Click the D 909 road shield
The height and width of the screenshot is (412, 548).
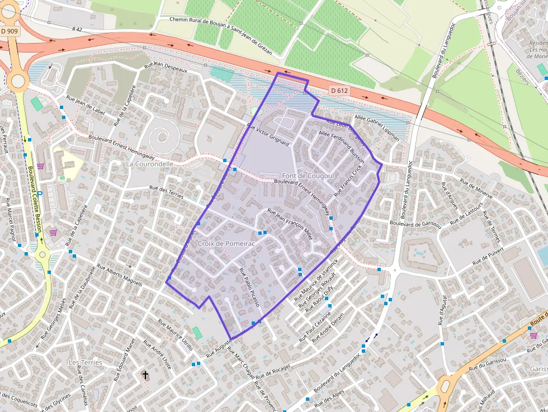click(10, 32)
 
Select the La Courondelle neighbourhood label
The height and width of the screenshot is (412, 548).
click(149, 164)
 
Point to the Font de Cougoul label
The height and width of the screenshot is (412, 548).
click(308, 176)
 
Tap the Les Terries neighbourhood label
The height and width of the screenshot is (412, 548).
click(85, 362)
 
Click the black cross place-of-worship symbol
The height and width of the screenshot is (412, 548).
click(146, 375)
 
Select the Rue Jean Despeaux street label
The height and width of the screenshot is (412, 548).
click(166, 67)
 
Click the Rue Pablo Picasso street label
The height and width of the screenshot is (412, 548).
click(249, 287)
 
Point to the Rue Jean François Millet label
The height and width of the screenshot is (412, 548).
click(290, 224)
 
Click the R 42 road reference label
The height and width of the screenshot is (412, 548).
click(77, 28)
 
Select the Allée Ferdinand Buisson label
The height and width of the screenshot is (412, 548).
click(341, 147)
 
